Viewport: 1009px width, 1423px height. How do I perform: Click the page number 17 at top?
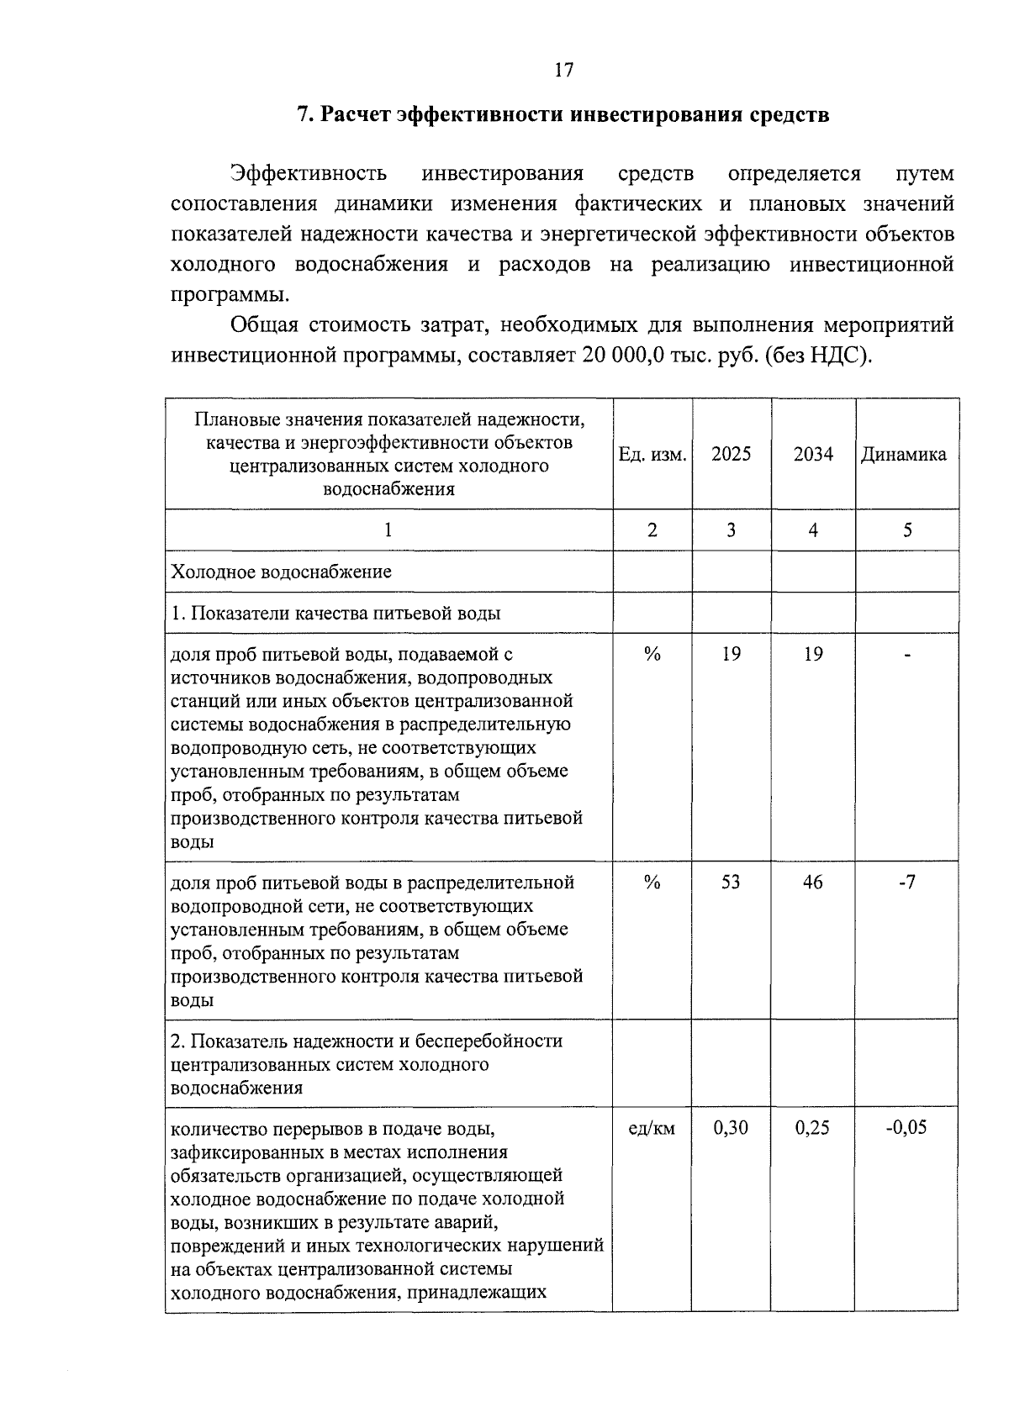click(563, 70)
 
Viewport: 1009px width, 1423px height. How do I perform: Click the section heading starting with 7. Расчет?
click(563, 114)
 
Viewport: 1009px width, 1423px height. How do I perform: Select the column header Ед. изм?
click(652, 455)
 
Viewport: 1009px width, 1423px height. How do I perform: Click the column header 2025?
click(731, 455)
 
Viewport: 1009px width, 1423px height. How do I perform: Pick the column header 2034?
click(813, 455)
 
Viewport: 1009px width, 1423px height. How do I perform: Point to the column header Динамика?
click(903, 455)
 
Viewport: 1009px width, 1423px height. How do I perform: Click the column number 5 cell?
click(907, 530)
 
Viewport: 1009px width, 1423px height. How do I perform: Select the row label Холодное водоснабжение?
click(281, 572)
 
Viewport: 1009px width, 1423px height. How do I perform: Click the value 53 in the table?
click(731, 883)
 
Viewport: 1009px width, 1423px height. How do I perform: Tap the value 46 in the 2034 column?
click(813, 883)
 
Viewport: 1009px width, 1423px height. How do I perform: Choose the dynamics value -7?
click(906, 883)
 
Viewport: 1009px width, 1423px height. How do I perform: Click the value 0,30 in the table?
click(731, 1128)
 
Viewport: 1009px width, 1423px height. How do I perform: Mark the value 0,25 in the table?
click(812, 1128)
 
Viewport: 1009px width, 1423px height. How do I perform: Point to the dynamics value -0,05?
click(906, 1128)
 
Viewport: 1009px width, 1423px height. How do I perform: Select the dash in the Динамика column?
click(907, 656)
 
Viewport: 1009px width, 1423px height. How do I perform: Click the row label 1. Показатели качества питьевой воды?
click(335, 614)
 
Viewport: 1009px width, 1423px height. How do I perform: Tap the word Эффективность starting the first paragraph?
click(309, 174)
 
